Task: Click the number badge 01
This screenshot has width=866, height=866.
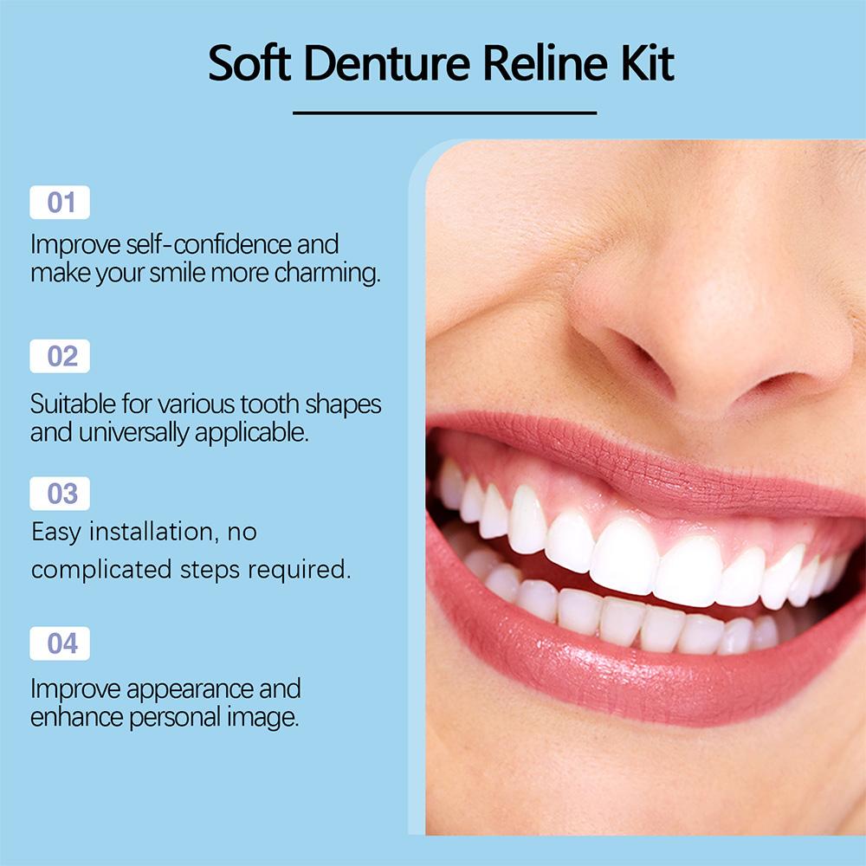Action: coord(60,203)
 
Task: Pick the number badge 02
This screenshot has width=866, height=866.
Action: coord(60,356)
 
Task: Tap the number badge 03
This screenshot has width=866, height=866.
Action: coord(60,494)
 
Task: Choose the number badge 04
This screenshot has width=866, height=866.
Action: coord(60,643)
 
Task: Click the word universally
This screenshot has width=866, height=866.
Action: coord(134,433)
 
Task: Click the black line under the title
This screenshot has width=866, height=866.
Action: coord(444,113)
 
